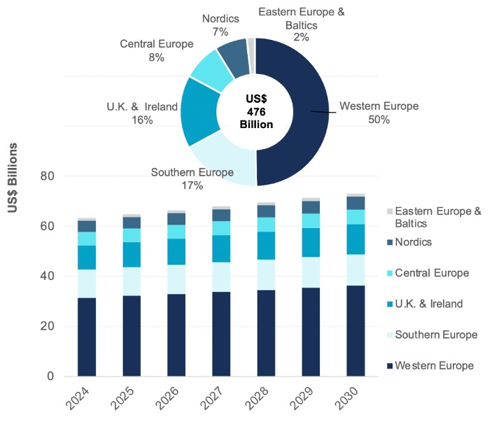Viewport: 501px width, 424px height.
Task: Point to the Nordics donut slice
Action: coord(234,53)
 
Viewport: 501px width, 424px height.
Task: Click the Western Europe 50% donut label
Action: coord(379,113)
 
